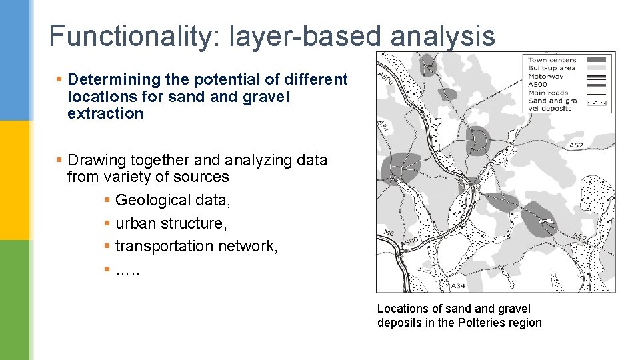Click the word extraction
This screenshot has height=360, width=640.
tap(105, 113)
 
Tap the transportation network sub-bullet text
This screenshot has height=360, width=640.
tap(196, 246)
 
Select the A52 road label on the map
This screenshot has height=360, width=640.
tap(576, 145)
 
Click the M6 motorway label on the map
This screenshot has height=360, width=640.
tap(389, 233)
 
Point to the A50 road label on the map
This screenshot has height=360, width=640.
tap(579, 236)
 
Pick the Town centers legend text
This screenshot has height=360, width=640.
tap(552, 61)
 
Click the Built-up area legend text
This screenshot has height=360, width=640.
tap(551, 69)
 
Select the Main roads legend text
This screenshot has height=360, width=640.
tap(548, 93)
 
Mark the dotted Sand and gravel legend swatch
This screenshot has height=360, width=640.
tap(599, 101)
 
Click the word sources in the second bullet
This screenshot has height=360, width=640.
tap(204, 177)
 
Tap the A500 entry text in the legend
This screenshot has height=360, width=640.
tap(539, 85)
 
